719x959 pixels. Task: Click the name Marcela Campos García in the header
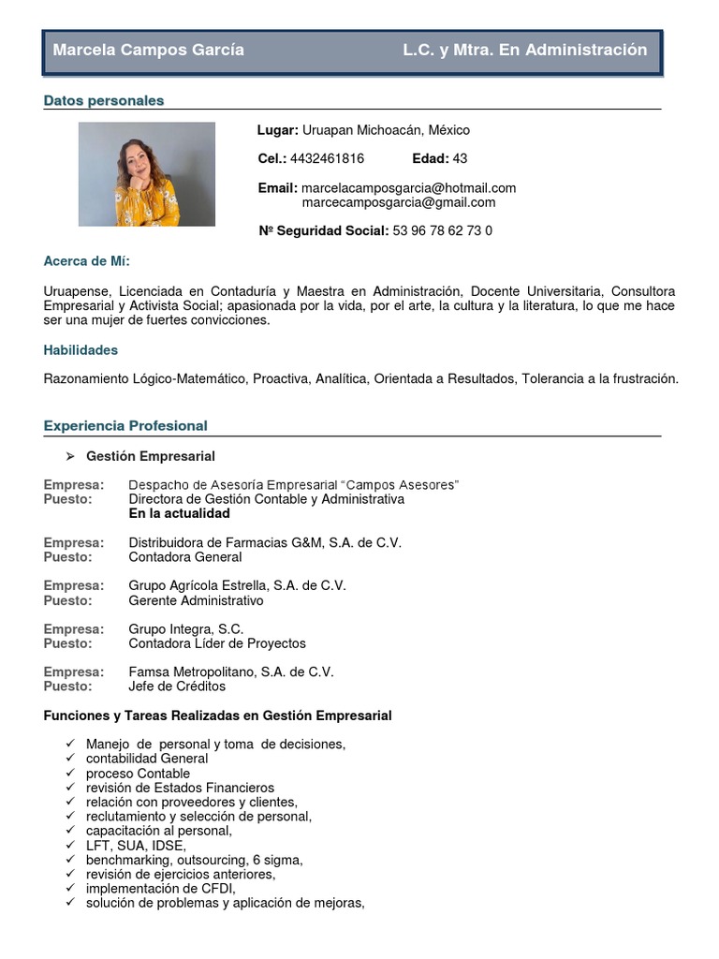(148, 51)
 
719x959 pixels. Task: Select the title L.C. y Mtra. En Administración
(524, 51)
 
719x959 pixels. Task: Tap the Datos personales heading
(104, 100)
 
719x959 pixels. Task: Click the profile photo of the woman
(147, 174)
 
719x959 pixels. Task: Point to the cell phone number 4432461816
(327, 158)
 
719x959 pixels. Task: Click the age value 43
(460, 158)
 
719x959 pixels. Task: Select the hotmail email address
(408, 188)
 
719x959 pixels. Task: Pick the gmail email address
(398, 202)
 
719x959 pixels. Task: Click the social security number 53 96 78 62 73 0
(442, 230)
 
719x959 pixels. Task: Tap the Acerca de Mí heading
(87, 261)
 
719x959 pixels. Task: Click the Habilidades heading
(81, 350)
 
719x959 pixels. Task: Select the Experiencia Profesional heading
(125, 426)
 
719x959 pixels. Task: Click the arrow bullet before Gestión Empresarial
(70, 456)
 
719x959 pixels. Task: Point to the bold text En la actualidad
(179, 514)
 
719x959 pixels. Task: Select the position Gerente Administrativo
(196, 600)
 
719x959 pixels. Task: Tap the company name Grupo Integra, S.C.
(185, 629)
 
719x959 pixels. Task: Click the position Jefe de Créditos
(177, 686)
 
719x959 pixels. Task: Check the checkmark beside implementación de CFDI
(71, 889)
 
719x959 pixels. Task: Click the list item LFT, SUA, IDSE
(136, 846)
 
